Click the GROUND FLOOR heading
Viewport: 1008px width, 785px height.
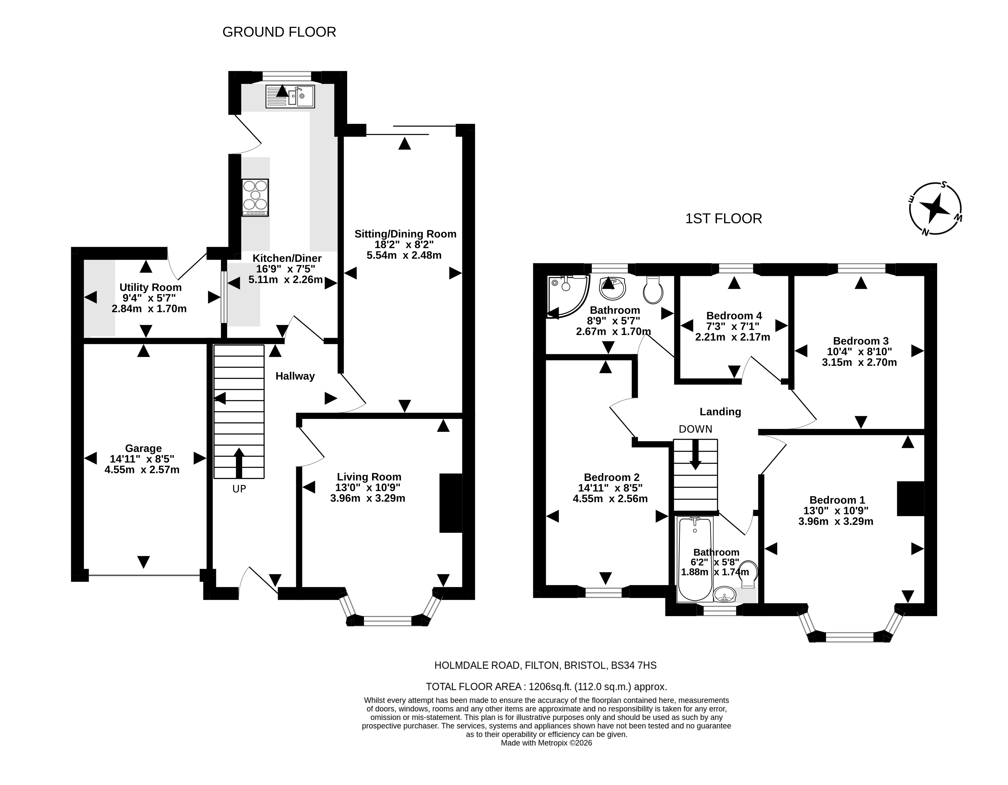279,32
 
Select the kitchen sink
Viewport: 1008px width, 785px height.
290,96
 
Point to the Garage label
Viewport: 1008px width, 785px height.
144,448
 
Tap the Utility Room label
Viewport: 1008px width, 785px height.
150,287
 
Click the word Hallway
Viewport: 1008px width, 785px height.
295,376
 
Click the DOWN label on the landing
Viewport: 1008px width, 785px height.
696,429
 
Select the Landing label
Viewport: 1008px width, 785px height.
720,412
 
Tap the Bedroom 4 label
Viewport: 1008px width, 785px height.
734,316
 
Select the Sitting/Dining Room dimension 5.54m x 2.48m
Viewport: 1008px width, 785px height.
404,255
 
